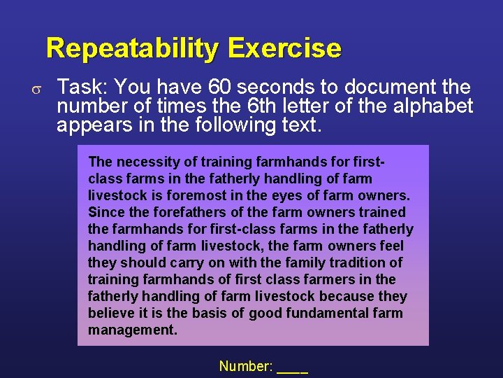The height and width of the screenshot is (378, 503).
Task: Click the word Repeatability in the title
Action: pos(133,49)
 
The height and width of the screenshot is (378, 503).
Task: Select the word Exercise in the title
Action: pos(284,49)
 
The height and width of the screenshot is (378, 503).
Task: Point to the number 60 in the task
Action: pos(221,87)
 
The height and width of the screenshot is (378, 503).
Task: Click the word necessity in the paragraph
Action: pos(144,162)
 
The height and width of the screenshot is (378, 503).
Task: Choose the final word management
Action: pos(133,330)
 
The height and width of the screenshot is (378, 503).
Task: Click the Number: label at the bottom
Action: pos(245,366)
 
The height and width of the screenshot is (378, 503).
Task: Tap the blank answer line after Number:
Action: pos(293,369)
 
